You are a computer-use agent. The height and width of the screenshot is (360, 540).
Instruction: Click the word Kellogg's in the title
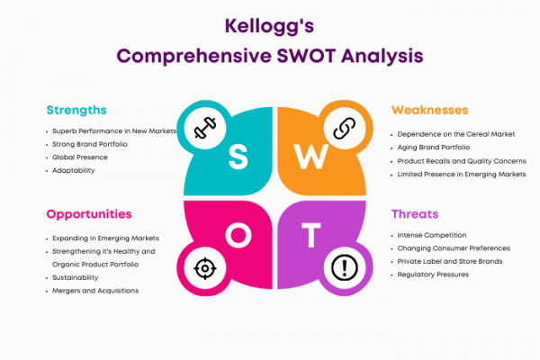269,26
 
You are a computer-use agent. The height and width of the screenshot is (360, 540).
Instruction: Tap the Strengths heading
76,110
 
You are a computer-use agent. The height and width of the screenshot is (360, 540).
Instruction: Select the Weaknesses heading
430,110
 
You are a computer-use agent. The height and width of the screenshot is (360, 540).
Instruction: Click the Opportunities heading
89,214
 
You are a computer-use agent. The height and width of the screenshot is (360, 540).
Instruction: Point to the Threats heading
415,214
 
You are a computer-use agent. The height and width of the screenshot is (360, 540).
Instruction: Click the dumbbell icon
205,128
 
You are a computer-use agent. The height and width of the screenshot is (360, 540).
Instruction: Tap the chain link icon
345,128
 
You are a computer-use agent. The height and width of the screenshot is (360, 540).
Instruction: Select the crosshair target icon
205,268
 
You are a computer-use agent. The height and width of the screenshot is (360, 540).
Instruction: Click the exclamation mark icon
345,267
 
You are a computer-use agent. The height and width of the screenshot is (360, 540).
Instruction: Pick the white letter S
238,157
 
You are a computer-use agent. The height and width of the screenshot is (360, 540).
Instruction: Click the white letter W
311,157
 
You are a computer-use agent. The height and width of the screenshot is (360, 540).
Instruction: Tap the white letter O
238,235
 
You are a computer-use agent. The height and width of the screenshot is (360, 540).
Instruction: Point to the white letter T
311,235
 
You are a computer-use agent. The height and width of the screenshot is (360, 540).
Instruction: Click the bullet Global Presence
80,157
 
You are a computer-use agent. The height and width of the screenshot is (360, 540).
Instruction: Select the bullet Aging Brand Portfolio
434,148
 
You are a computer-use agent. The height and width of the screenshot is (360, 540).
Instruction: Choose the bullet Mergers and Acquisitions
95,291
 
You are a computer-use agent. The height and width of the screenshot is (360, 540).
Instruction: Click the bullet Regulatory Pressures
433,274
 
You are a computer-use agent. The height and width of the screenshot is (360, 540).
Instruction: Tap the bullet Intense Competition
432,235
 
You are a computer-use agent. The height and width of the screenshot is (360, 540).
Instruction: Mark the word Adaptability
74,170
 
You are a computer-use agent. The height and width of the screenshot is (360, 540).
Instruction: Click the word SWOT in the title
306,56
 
